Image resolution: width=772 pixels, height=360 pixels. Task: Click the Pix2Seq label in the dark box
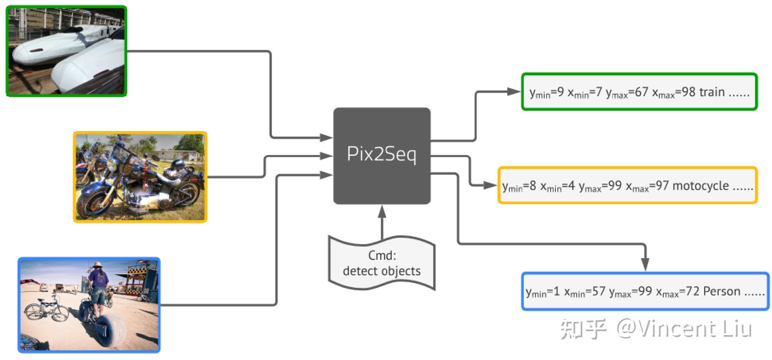click(x=381, y=154)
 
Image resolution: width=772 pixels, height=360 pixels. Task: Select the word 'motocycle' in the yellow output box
click(x=700, y=186)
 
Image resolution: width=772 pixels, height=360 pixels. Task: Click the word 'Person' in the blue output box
click(x=721, y=291)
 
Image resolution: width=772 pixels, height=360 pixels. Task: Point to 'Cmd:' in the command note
click(x=382, y=255)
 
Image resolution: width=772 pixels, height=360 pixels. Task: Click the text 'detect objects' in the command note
click(x=381, y=271)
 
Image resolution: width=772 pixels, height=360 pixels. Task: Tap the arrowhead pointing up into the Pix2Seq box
click(x=382, y=211)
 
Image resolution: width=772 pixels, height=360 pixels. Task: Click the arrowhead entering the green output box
click(x=514, y=91)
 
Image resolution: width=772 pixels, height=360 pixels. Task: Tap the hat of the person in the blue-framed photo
click(x=97, y=265)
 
